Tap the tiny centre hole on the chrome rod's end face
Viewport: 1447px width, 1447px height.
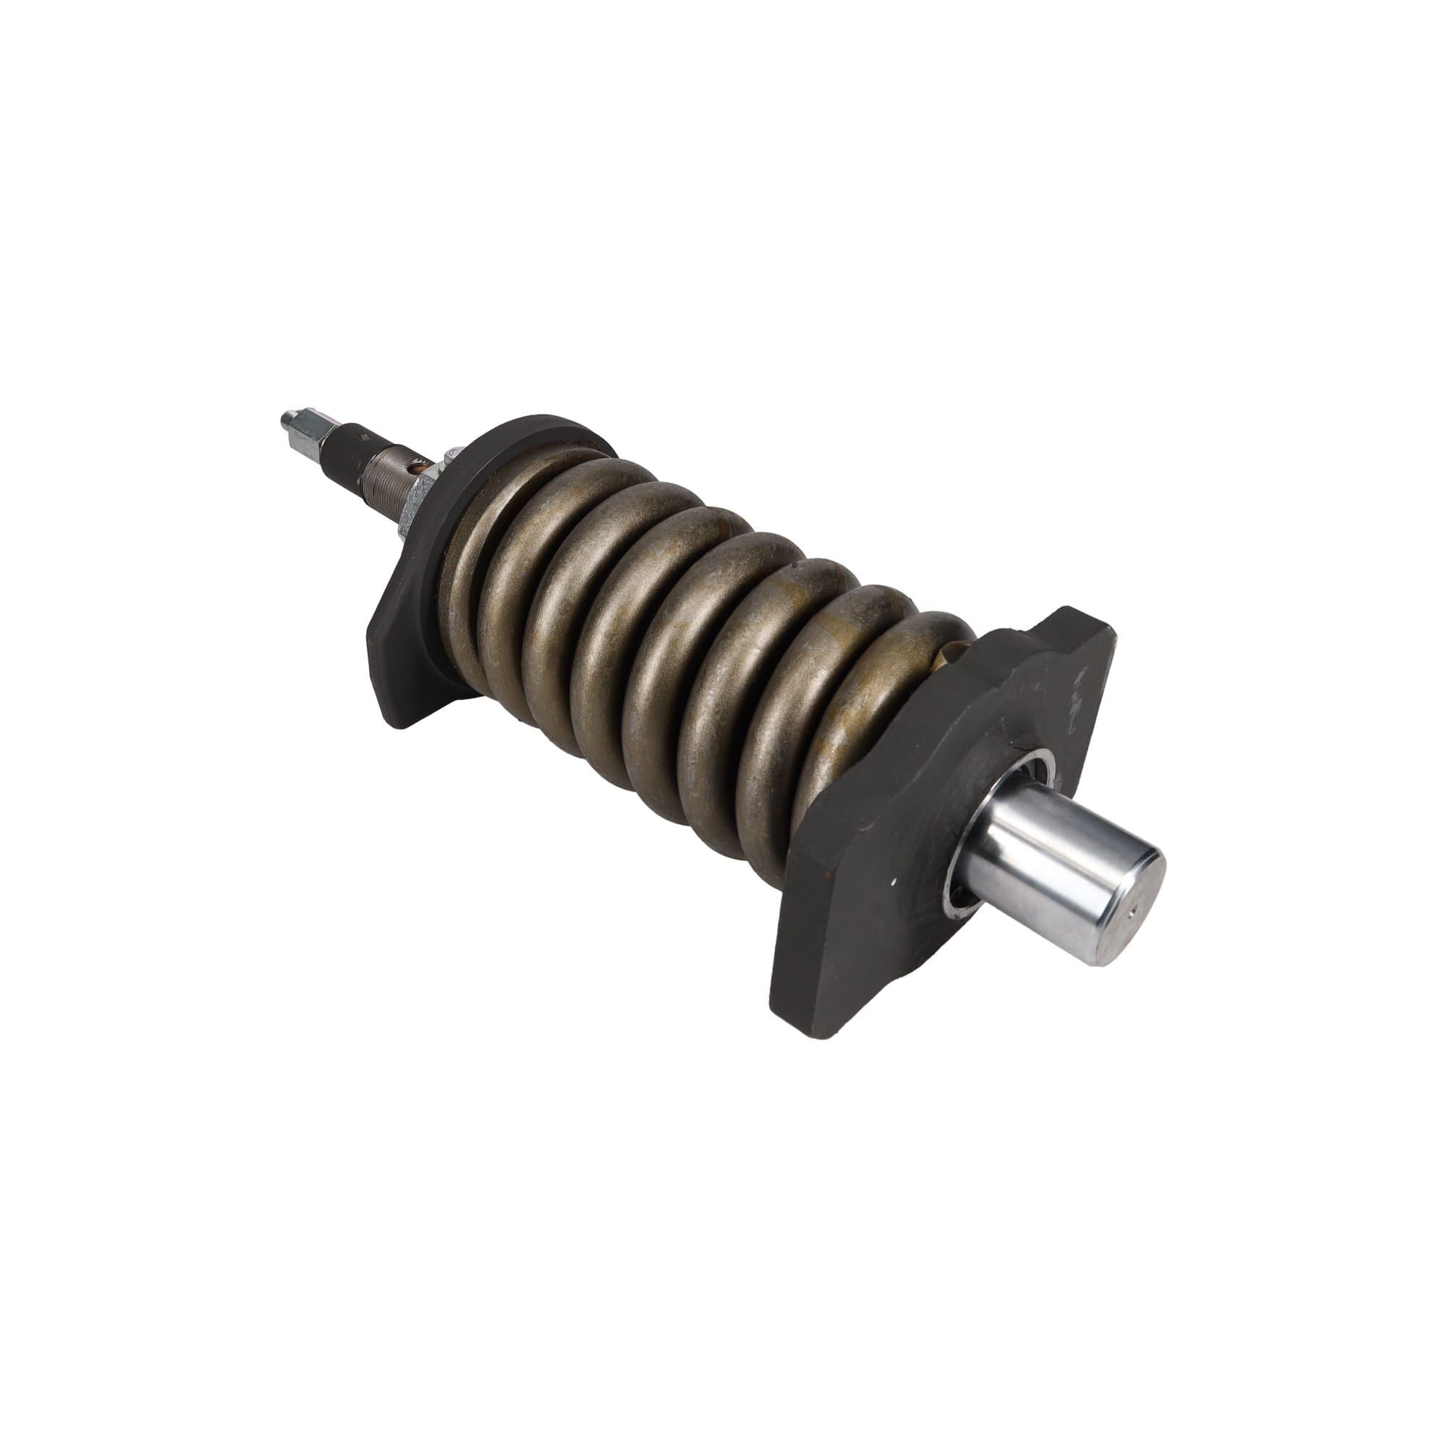(x=1132, y=912)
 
